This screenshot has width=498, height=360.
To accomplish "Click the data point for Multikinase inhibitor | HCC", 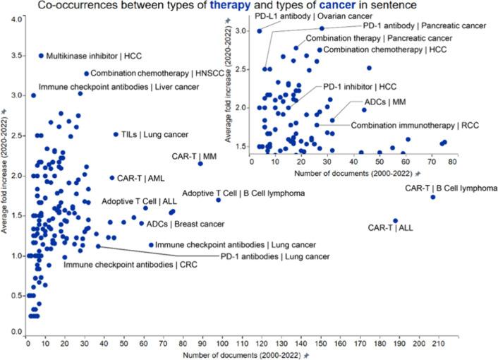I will tap(41, 55).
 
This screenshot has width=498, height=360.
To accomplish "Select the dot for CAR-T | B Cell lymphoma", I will tap(433, 197).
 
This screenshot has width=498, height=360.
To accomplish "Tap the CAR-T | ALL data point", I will tap(396, 221).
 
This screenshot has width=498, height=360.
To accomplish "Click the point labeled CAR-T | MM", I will tap(200, 164).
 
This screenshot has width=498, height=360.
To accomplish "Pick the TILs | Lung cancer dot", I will tap(116, 134).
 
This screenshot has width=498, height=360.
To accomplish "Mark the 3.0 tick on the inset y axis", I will tap(245, 31).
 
